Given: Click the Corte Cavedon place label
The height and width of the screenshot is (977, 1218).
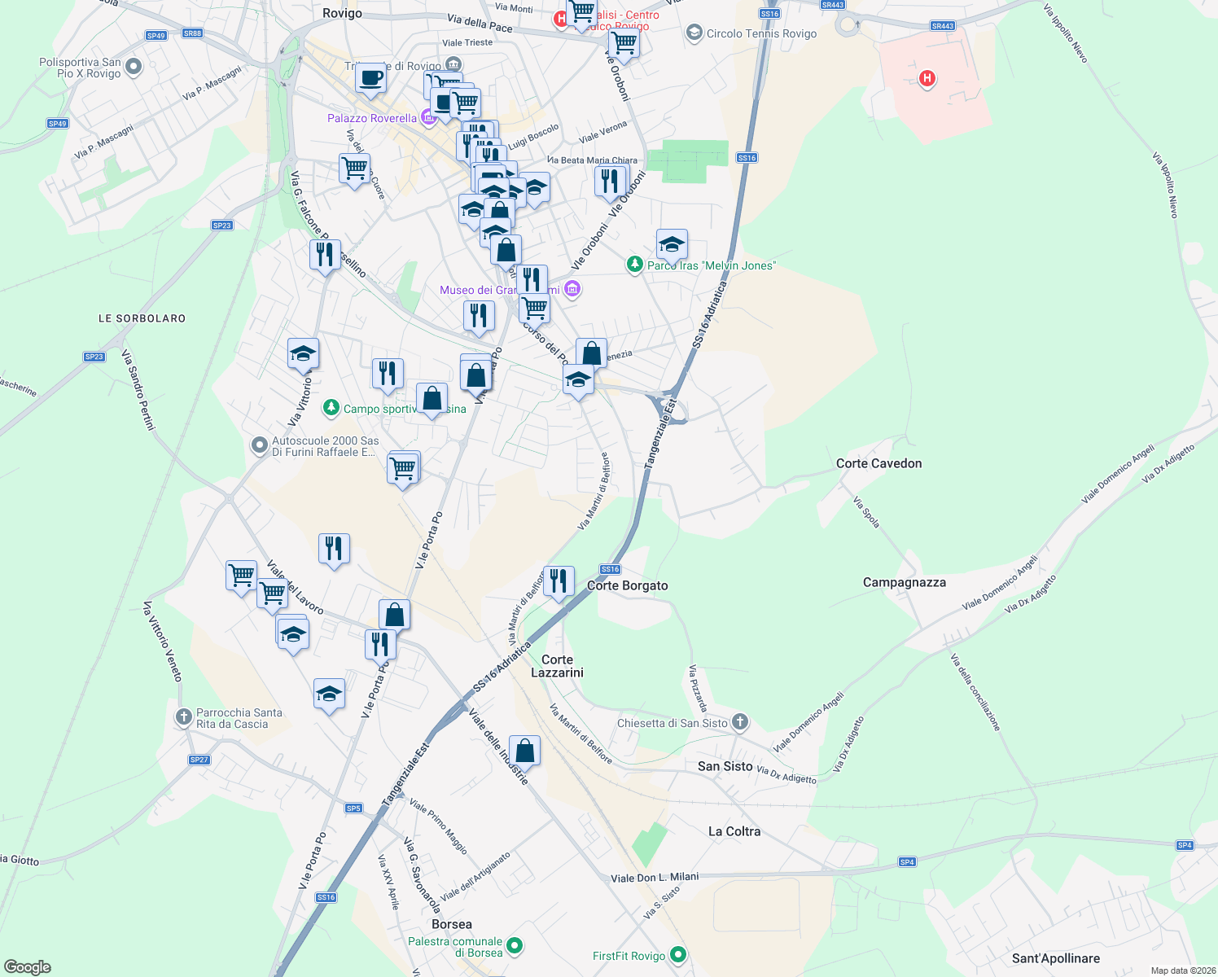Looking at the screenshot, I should tap(878, 463).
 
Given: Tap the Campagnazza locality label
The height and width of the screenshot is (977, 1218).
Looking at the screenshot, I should tap(904, 582).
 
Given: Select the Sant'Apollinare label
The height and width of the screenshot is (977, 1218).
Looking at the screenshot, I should tap(1055, 958).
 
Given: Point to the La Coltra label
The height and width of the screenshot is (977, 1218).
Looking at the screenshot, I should tap(734, 831).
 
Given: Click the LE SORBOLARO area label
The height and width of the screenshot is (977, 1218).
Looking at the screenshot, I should tap(142, 318).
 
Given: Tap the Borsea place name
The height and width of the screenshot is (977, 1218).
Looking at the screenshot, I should tap(451, 924).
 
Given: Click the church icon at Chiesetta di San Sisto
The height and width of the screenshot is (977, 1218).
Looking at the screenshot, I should tap(739, 721).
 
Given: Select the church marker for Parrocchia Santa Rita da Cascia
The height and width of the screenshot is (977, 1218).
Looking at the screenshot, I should tap(183, 717).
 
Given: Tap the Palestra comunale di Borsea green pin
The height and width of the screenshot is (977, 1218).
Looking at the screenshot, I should tap(514, 946).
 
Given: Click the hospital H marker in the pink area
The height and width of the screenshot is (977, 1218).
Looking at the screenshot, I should tap(927, 79).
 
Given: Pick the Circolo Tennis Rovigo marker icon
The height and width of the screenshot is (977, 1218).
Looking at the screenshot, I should tap(694, 33).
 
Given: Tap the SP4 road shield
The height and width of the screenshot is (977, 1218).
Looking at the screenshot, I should tap(907, 861).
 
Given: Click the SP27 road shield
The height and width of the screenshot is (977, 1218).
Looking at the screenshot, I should tap(199, 760).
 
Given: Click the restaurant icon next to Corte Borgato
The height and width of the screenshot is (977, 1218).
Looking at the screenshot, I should tap(559, 581).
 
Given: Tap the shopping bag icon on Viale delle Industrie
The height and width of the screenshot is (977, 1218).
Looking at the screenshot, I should tap(525, 751).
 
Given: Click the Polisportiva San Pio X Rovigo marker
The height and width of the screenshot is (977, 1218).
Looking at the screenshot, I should tap(134, 67).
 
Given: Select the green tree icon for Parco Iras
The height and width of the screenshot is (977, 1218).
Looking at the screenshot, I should tap(634, 265).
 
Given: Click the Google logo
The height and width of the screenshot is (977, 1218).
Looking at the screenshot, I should tap(28, 966).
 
